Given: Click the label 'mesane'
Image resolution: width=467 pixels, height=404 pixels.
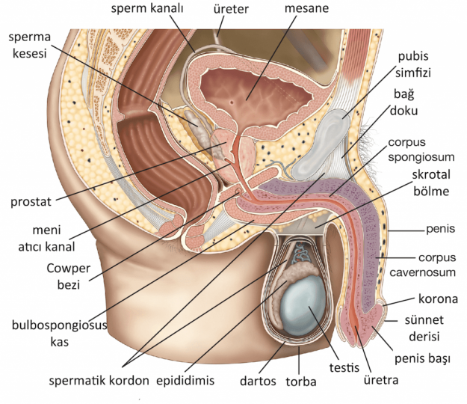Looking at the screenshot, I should pyautogui.click(x=308, y=10).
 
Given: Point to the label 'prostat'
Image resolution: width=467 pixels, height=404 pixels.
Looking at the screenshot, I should pyautogui.click(x=31, y=202).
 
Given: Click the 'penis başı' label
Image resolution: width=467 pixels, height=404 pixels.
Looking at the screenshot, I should pyautogui.click(x=425, y=359).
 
